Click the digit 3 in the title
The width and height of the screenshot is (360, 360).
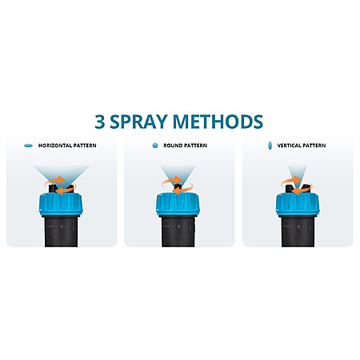coord(100,122)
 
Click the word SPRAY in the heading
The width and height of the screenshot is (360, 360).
coord(138,122)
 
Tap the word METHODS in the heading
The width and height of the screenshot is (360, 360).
coord(218,122)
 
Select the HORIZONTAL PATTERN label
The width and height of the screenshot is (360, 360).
coord(67,146)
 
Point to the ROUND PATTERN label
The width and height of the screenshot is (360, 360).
coord(186,146)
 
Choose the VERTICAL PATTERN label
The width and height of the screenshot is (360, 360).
coord(302,146)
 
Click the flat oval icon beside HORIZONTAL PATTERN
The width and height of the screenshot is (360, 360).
coord(28,146)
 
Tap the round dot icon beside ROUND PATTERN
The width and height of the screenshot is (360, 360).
coord(155,146)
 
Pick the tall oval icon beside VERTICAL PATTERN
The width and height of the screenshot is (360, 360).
coord(270,146)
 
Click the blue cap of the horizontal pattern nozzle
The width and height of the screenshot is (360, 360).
coord(61,204)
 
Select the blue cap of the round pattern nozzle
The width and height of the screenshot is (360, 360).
coord(178,204)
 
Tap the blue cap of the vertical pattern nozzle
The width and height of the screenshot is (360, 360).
coord(298,204)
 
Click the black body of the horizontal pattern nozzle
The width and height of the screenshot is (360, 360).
coord(62,230)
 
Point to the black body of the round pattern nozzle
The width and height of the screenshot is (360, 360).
coord(178,230)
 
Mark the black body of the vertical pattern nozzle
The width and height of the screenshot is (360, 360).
coord(298,230)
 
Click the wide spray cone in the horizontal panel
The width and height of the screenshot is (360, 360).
coord(62,173)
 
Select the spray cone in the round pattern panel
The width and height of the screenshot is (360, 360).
coord(178,174)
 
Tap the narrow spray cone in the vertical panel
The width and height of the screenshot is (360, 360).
coord(298,174)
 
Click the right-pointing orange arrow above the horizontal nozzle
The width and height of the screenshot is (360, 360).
coord(55,180)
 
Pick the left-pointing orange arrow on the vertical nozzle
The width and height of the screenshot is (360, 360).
coord(302,190)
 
